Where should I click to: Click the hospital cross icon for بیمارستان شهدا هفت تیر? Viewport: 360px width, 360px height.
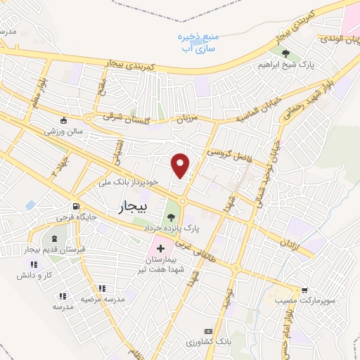[160, 248]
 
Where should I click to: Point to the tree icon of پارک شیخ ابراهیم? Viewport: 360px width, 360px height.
[285, 53]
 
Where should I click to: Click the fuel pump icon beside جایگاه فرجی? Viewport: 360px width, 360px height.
[75, 207]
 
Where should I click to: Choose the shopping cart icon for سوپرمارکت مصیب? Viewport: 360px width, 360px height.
[304, 290]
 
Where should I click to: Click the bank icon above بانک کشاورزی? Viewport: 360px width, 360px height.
[207, 330]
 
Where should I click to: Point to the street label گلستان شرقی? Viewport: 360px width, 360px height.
[127, 117]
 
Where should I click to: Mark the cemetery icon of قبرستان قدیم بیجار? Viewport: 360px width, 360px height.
[56, 240]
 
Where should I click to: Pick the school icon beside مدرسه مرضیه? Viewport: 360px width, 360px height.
[102, 288]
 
